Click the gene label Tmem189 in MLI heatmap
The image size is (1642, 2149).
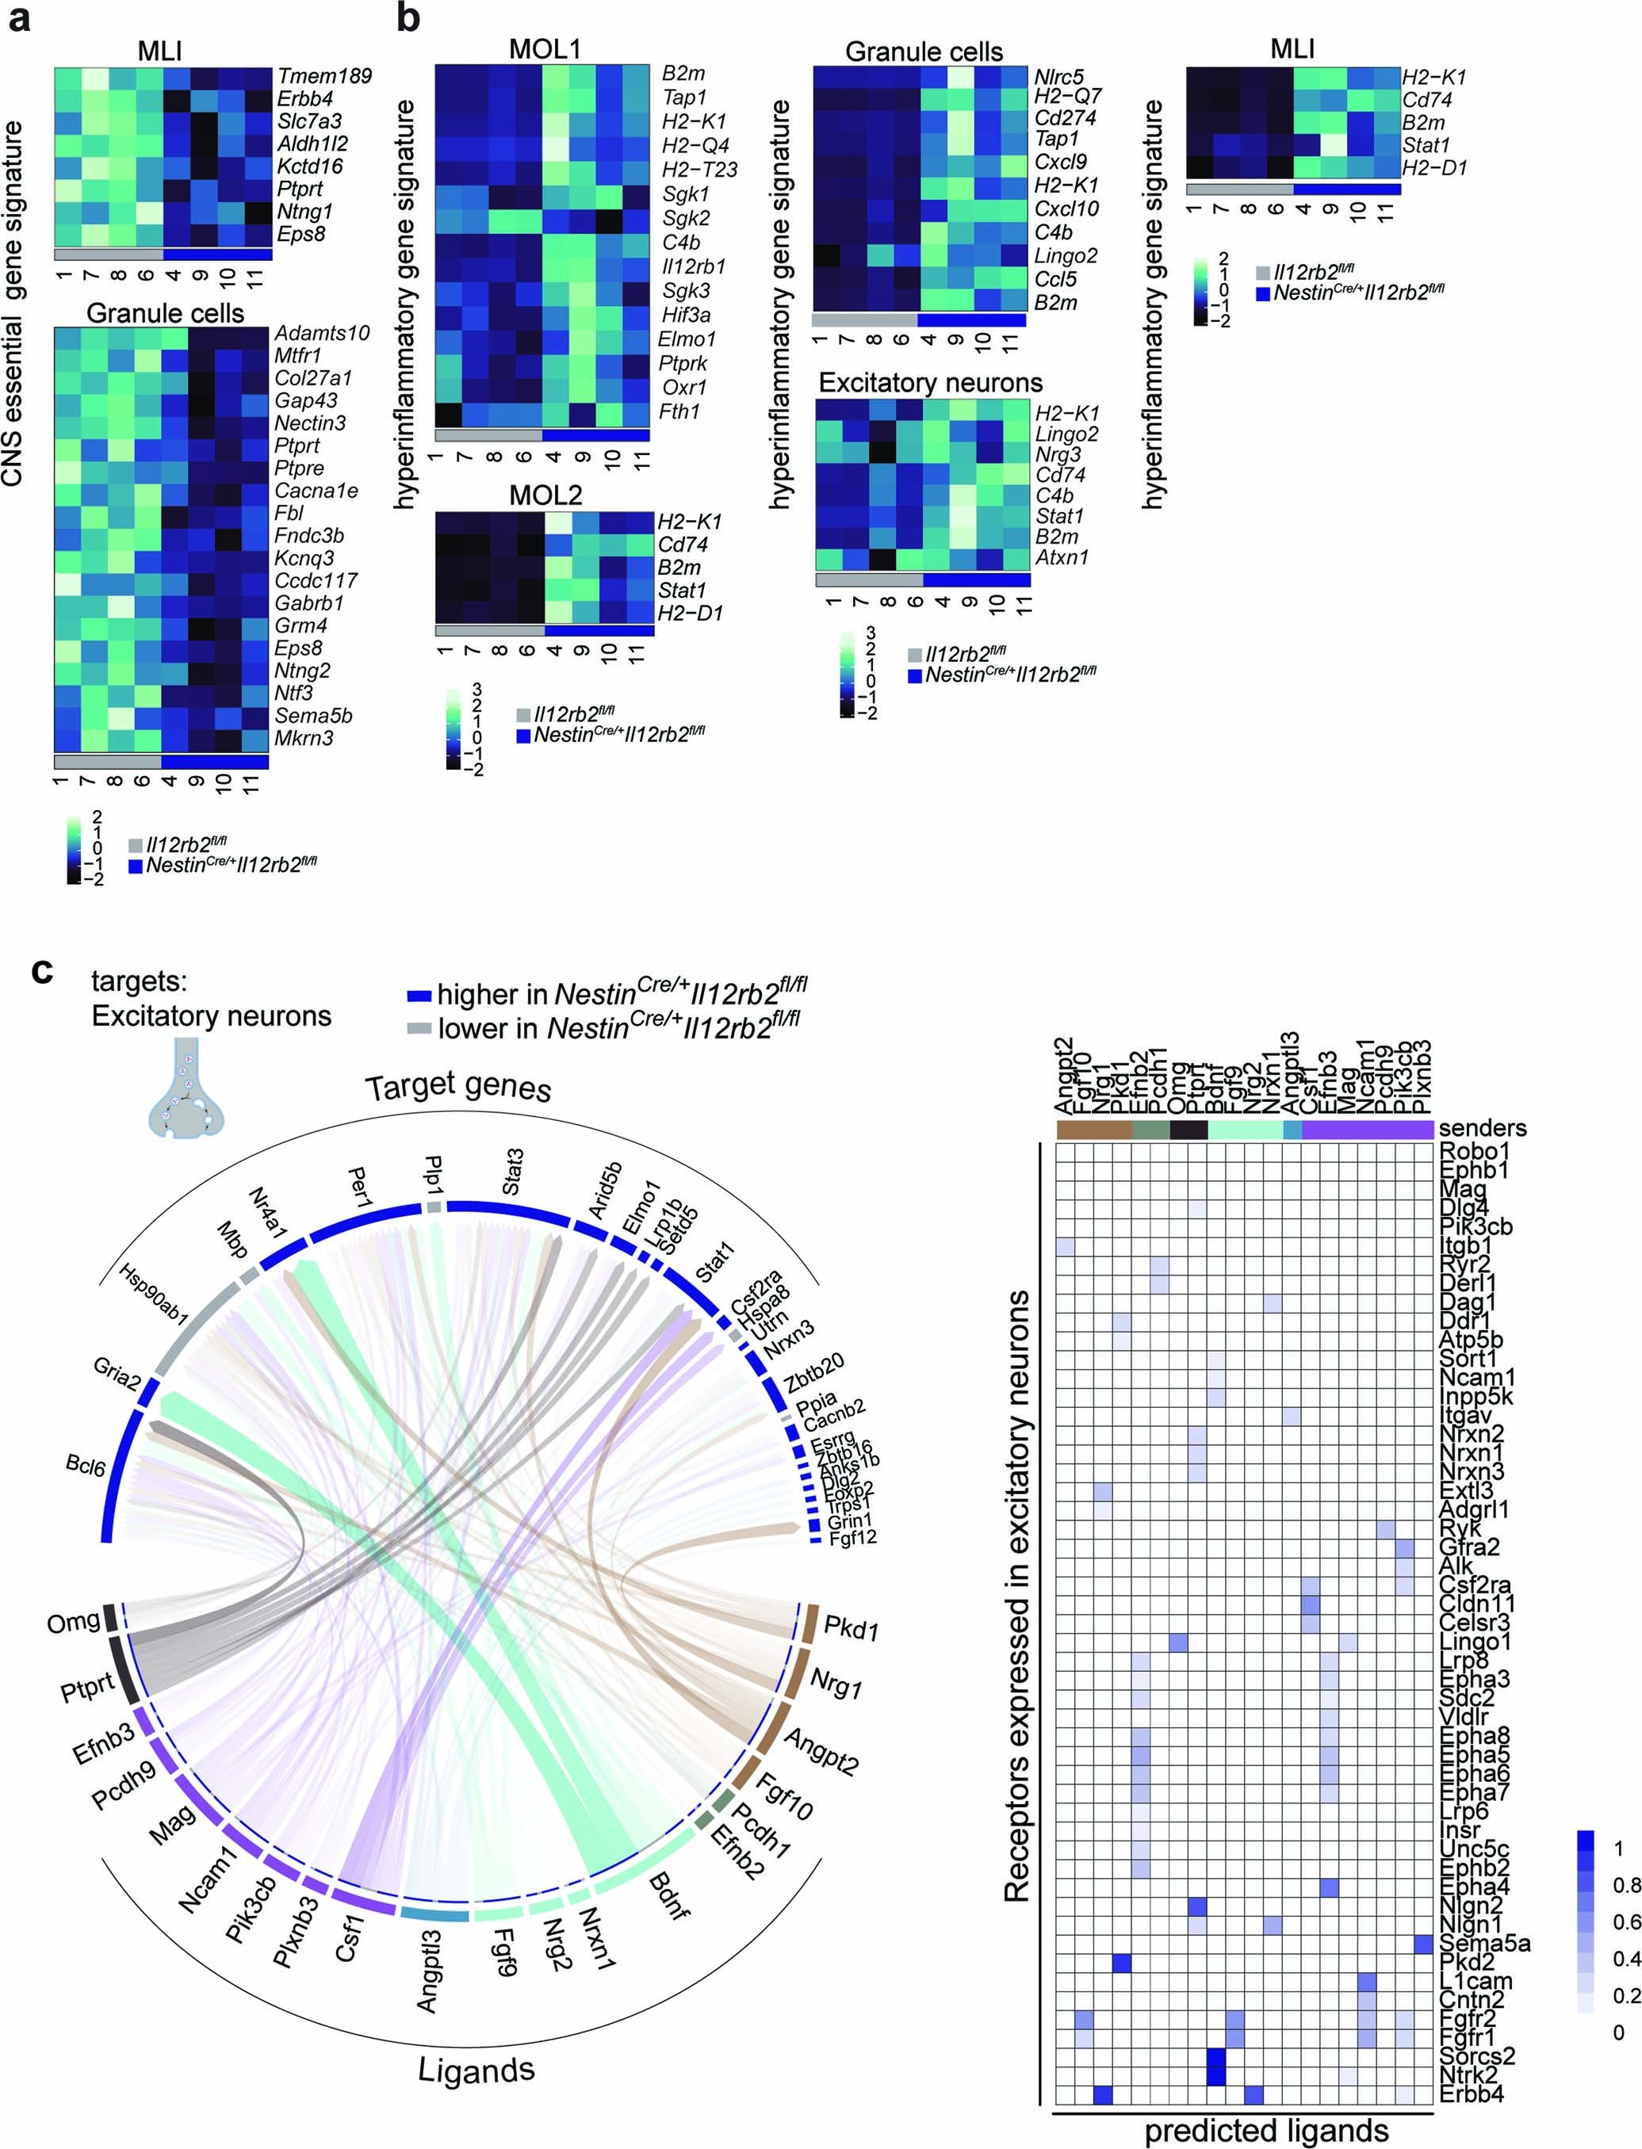pyautogui.click(x=323, y=76)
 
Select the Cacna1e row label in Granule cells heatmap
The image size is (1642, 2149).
pyautogui.click(x=316, y=491)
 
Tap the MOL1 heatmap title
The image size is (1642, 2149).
pyautogui.click(x=545, y=49)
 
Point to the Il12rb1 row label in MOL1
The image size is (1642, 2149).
pyautogui.click(x=693, y=266)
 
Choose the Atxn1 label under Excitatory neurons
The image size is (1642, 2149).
pyautogui.click(x=1062, y=558)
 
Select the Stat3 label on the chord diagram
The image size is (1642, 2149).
pyautogui.click(x=511, y=1172)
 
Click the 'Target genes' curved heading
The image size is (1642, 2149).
pyautogui.click(x=457, y=1088)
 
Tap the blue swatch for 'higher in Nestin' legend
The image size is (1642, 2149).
pyautogui.click(x=419, y=996)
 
